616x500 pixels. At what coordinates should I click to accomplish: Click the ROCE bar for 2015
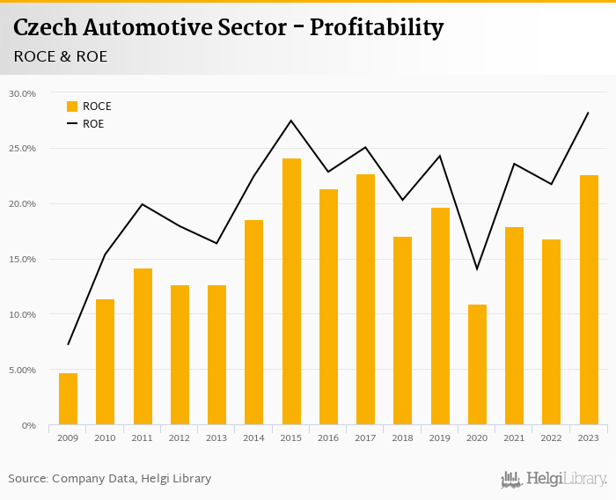click(291, 291)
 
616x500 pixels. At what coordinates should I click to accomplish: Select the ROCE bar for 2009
click(68, 399)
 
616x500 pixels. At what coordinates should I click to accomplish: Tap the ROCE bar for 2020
click(477, 364)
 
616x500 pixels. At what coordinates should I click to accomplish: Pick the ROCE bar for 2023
click(589, 300)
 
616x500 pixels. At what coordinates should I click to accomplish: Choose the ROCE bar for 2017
click(365, 299)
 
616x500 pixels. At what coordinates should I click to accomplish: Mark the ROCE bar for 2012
click(180, 355)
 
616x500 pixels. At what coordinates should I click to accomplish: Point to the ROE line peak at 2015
click(291, 121)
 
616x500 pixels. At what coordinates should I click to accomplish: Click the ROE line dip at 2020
click(477, 268)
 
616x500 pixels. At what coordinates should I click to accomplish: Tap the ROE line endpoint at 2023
click(588, 113)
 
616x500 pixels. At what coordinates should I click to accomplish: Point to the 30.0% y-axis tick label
click(22, 93)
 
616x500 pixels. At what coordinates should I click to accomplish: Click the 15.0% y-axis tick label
click(22, 260)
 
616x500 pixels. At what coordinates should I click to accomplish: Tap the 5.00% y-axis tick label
click(22, 371)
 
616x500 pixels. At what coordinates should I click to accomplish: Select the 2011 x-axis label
click(143, 438)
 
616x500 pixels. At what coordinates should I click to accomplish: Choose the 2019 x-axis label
click(440, 438)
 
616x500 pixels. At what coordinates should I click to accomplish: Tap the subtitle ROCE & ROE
click(61, 56)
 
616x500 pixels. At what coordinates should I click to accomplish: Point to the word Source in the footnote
click(28, 479)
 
